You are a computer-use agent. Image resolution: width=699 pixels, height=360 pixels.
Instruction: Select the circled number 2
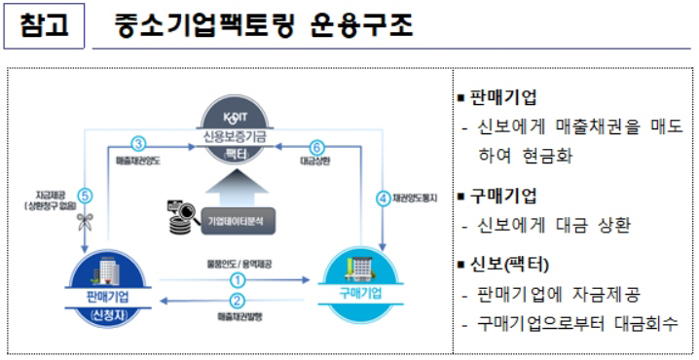(x=237, y=301)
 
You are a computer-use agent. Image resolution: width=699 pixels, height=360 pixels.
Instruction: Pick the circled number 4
(x=383, y=198)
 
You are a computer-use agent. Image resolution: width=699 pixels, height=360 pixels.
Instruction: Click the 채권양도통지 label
(x=418, y=198)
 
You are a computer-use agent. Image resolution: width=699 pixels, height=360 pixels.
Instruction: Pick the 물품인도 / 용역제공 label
(x=237, y=262)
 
